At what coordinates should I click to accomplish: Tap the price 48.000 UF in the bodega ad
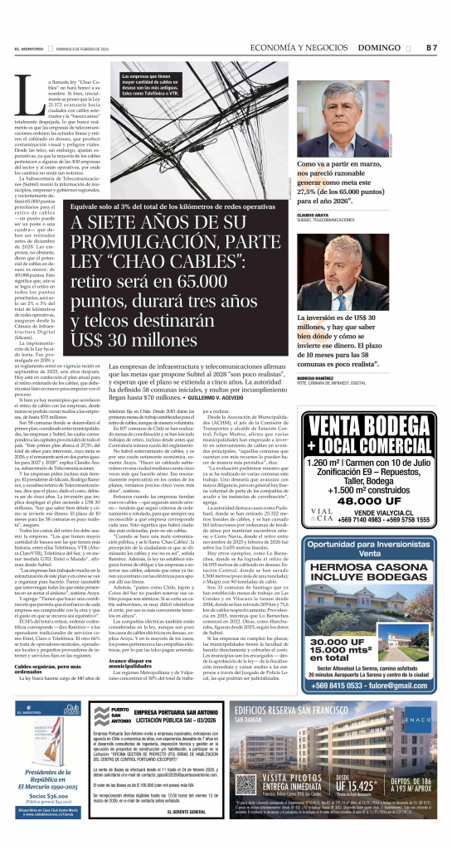pyautogui.click(x=390, y=478)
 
